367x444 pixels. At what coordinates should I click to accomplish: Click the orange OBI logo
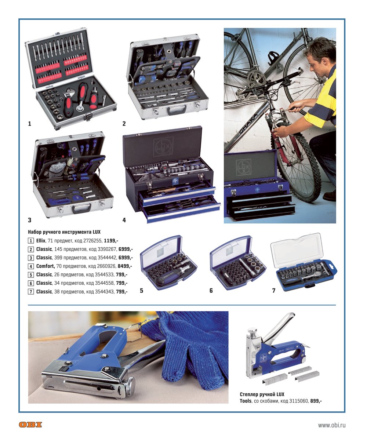click(x=30, y=425)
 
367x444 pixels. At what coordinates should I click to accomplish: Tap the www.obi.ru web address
click(x=332, y=425)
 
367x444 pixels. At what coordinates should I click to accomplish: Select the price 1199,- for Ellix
click(x=111, y=241)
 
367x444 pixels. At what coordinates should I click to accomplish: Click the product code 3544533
click(x=104, y=274)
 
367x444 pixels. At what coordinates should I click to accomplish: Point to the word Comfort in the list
click(x=46, y=266)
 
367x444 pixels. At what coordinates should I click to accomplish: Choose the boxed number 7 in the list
click(x=31, y=292)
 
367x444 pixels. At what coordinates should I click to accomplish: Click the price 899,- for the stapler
click(x=316, y=401)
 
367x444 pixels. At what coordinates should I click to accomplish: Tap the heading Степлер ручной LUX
click(x=262, y=394)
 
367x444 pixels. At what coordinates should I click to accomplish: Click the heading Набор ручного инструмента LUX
click(x=64, y=232)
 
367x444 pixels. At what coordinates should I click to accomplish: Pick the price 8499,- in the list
click(x=125, y=266)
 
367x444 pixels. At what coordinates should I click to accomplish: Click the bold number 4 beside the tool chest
click(x=124, y=220)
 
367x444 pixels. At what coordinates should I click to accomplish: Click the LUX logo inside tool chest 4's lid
click(x=163, y=145)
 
